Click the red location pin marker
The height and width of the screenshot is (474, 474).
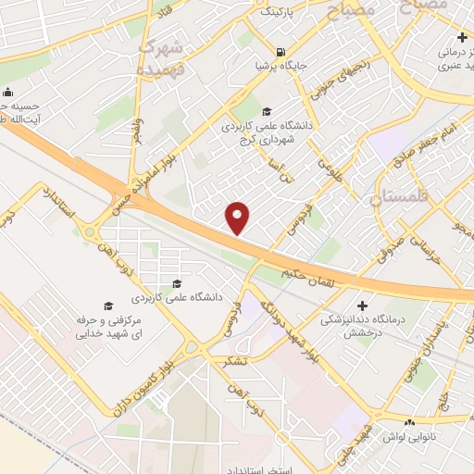(239, 218)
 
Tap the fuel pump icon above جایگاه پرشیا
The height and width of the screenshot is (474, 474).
(281, 52)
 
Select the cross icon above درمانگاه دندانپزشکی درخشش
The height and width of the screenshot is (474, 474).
(362, 306)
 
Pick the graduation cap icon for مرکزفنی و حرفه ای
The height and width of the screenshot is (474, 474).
(107, 306)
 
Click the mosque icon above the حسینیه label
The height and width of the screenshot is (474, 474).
(8, 92)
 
